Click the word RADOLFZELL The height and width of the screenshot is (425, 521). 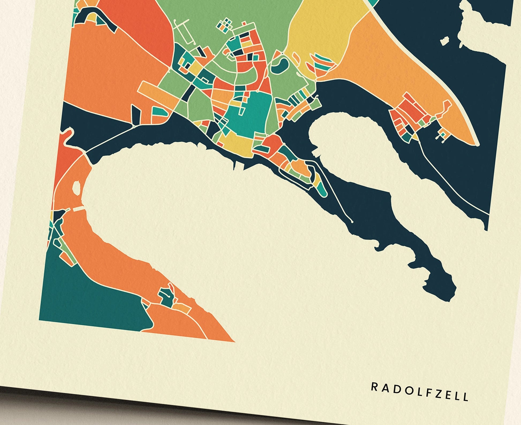[x=420, y=392]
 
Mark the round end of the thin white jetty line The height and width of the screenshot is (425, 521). [x=352, y=222]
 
